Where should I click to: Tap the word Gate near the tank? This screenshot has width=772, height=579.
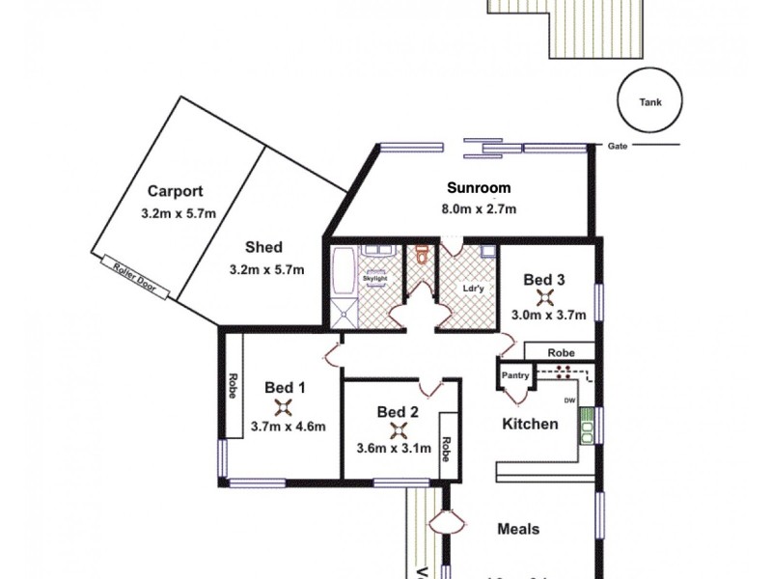618,147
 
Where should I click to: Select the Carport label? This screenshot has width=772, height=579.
175,191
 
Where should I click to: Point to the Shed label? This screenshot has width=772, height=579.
263,247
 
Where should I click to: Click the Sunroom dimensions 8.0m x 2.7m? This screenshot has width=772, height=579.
478,208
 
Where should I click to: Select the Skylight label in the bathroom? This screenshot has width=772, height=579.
373,279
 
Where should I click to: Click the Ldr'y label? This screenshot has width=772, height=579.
473,287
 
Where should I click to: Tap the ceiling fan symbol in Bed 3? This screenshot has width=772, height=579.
544,297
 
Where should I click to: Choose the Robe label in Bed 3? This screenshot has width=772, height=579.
561,353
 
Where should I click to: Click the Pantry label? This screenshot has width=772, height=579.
514,375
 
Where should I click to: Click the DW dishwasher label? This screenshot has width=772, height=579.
569,400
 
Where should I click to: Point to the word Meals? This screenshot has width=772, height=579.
518,529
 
